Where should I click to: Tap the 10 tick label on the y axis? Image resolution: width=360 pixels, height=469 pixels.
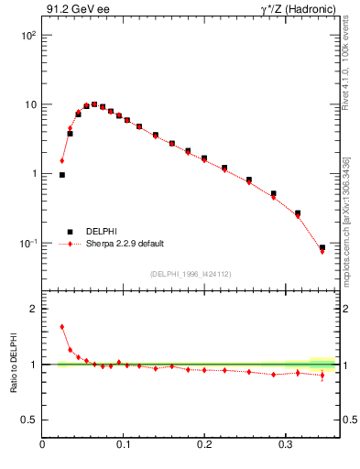click(x=29, y=104)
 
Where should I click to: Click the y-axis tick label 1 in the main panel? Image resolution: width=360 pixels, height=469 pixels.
click(x=33, y=174)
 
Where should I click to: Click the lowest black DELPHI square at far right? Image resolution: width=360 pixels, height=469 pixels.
click(x=322, y=247)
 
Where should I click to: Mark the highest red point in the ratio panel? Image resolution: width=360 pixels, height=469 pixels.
click(x=62, y=327)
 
